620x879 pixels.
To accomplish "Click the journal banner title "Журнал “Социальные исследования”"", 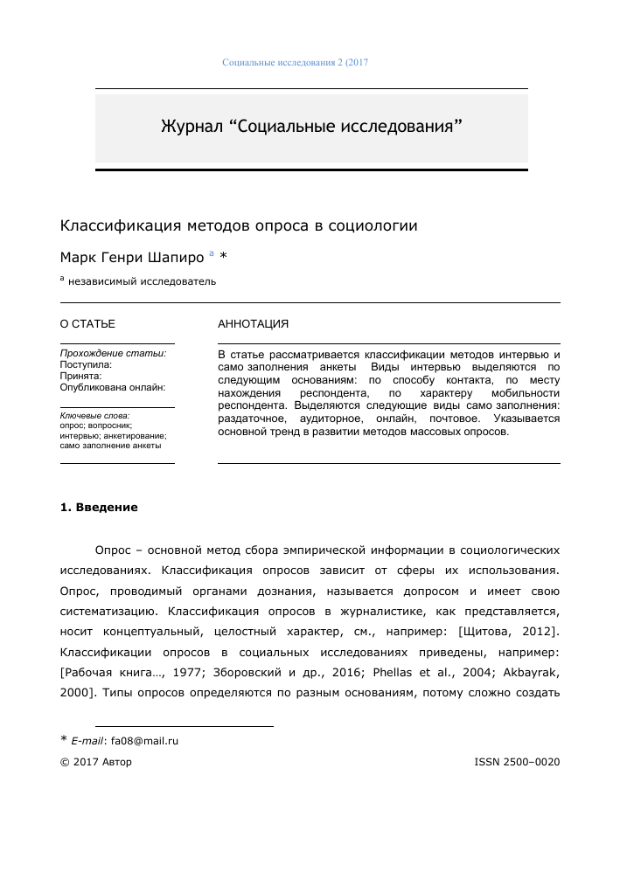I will coord(310,126).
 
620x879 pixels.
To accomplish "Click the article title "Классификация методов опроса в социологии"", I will coord(239,225).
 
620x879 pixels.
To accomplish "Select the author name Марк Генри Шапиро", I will coord(131,257).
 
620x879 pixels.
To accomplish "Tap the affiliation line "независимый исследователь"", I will coord(142,281).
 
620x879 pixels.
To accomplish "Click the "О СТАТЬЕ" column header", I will coord(87,324).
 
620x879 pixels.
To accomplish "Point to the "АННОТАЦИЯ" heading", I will coord(253,324).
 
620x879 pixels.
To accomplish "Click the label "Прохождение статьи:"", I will coord(113,353).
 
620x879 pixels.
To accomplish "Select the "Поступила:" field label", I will coord(86,363).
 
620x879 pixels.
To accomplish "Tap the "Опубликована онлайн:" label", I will coord(112,386).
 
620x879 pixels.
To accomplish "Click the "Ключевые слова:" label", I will coord(94,415).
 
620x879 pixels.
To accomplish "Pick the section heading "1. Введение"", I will coord(99,508).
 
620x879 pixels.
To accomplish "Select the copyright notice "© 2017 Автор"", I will coord(95,762).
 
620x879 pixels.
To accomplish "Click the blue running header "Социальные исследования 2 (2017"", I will coord(296,63).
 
